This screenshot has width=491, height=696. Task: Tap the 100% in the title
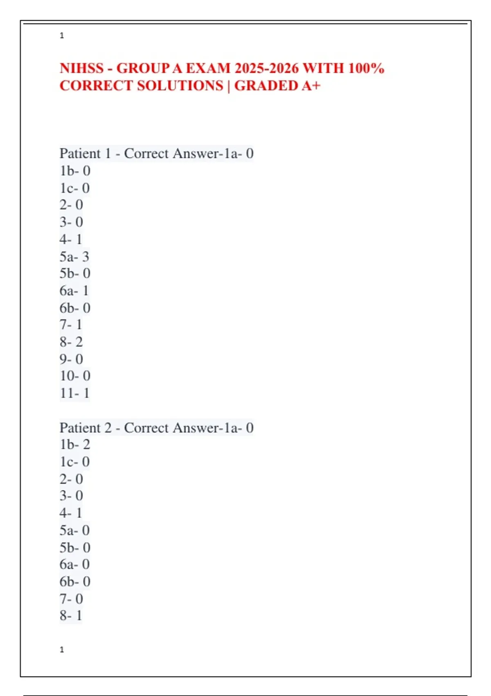(x=366, y=68)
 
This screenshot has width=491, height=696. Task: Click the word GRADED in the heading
(x=266, y=86)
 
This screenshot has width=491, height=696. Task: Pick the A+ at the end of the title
(x=311, y=86)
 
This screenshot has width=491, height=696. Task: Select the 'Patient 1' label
(x=85, y=154)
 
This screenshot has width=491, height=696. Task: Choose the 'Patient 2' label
(x=85, y=428)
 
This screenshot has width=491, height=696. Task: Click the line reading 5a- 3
(x=74, y=257)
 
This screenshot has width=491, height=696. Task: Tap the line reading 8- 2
(x=71, y=342)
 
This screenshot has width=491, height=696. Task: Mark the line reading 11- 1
(x=74, y=393)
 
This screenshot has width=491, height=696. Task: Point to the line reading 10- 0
(x=75, y=376)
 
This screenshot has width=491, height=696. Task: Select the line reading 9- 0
(x=71, y=359)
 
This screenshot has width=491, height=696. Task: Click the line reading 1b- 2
(x=74, y=445)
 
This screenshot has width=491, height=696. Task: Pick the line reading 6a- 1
(x=74, y=291)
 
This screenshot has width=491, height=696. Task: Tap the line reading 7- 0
(x=71, y=599)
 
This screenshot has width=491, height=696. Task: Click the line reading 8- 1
(x=71, y=615)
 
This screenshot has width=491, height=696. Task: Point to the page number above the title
(x=62, y=36)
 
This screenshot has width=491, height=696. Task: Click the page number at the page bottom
(x=62, y=650)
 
